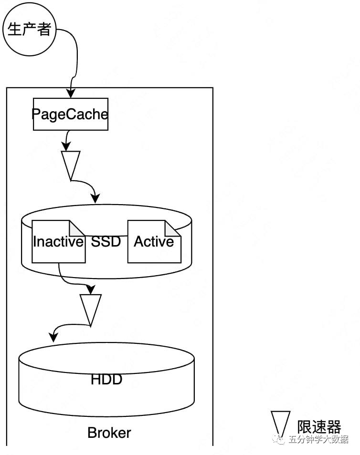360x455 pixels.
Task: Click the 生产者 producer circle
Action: tap(29, 30)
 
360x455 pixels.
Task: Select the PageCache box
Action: tap(70, 114)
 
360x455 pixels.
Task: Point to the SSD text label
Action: tap(106, 242)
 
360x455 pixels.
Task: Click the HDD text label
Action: tap(106, 380)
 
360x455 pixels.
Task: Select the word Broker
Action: tap(109, 433)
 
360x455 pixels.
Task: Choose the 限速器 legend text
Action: tap(319, 427)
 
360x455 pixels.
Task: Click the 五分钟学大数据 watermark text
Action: tap(318, 439)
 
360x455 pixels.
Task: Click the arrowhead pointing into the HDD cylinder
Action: tap(53, 337)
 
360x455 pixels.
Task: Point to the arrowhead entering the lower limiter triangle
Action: tap(90, 290)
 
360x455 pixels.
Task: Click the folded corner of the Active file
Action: tap(173, 227)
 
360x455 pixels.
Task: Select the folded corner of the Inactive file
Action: tap(77, 227)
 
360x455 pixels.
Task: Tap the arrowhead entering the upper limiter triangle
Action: tap(67, 147)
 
